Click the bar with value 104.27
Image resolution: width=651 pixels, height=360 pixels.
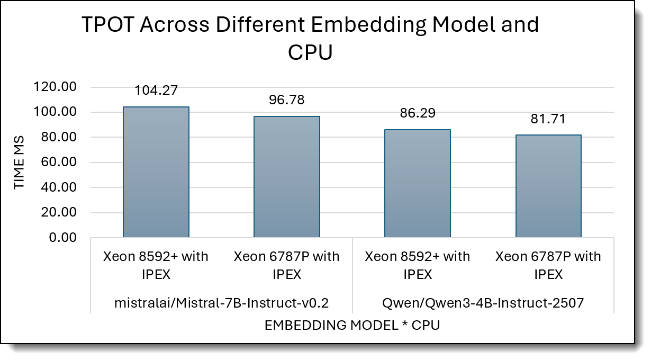pyautogui.click(x=156, y=172)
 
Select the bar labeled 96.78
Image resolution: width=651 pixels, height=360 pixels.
pyautogui.click(x=286, y=177)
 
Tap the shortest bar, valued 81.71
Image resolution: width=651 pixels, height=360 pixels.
pyautogui.click(x=548, y=186)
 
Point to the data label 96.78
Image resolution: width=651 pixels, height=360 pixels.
pyautogui.click(x=286, y=100)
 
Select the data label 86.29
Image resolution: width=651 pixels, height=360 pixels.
pyautogui.click(x=417, y=113)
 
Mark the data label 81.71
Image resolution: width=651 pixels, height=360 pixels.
pyautogui.click(x=548, y=119)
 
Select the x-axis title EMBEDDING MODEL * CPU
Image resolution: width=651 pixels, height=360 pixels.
pyautogui.click(x=352, y=325)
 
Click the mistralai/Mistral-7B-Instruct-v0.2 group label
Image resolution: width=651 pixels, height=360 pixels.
pyautogui.click(x=222, y=303)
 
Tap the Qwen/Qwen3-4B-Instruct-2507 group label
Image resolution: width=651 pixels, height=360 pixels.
pyautogui.click(x=482, y=303)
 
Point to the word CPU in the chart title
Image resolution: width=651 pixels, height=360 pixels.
pyautogui.click(x=310, y=52)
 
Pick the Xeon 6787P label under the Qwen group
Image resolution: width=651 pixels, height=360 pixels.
pyautogui.click(x=548, y=265)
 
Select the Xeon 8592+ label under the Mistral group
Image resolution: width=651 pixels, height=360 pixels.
pyautogui.click(x=156, y=265)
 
